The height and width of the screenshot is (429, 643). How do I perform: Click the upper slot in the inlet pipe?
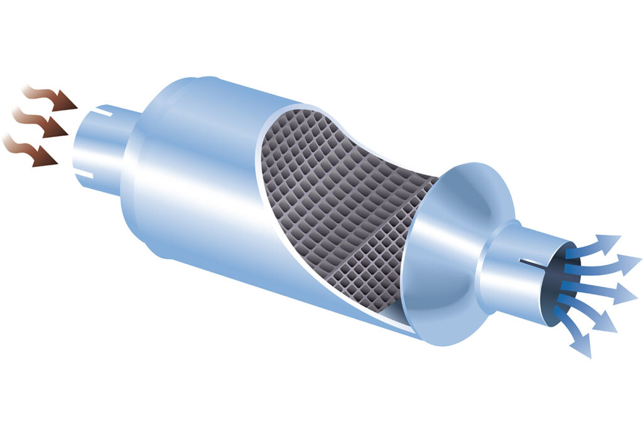(94, 116)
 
